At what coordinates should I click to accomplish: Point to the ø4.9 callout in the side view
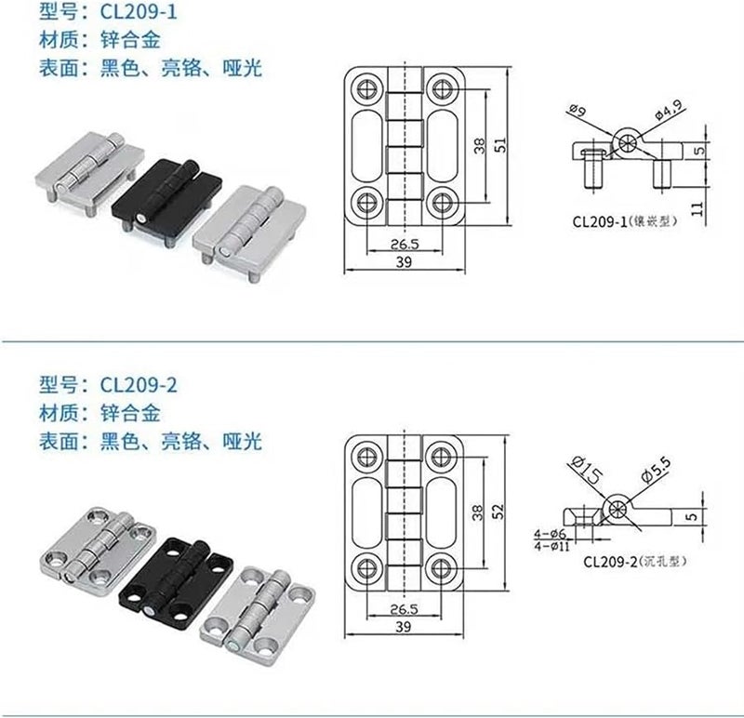[x=669, y=113]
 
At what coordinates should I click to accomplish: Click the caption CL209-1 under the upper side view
[x=618, y=221]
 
